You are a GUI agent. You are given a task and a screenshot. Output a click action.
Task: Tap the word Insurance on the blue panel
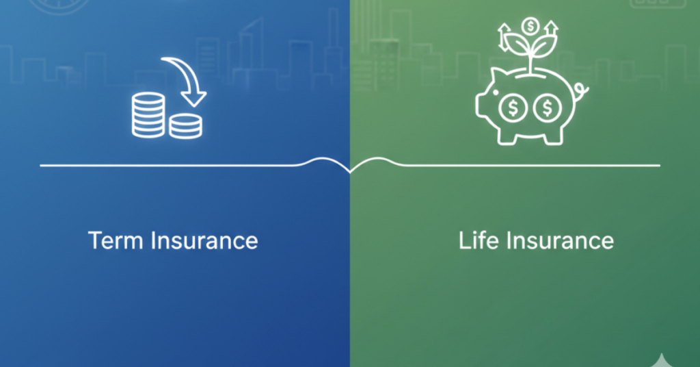[204, 240]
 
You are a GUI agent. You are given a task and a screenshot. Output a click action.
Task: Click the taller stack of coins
[148, 114]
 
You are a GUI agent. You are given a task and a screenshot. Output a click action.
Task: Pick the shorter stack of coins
[186, 126]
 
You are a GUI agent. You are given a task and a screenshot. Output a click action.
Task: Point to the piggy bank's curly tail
[581, 92]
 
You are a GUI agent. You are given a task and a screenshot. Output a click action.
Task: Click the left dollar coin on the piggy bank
[513, 107]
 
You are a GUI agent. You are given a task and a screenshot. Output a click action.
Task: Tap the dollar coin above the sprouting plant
[530, 27]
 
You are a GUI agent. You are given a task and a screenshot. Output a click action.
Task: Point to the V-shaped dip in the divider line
[350, 172]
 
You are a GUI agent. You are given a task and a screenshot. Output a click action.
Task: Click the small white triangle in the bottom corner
[662, 360]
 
